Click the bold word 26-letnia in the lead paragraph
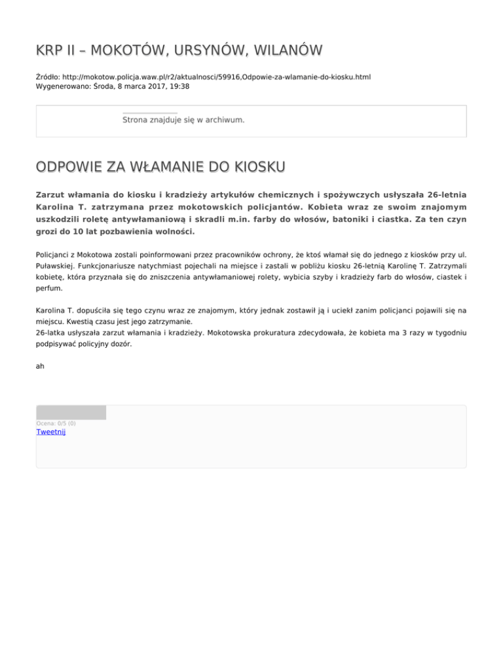pyautogui.click(x=447, y=195)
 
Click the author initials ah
pyautogui.click(x=40, y=367)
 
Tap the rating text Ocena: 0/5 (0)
pyautogui.click(x=56, y=423)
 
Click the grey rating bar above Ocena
pyautogui.click(x=71, y=413)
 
